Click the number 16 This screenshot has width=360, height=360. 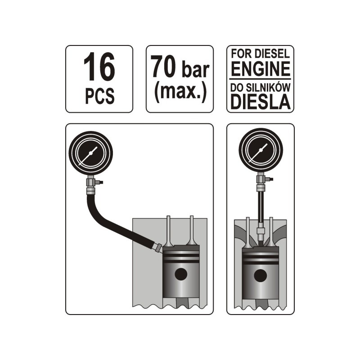pos(99,67)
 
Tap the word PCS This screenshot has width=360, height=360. pos(99,96)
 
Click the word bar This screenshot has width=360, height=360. pos(195,70)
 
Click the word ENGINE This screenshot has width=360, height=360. pos(261,69)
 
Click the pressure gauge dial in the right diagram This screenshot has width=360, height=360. pos(261,150)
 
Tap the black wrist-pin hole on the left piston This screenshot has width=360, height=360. pos(181,274)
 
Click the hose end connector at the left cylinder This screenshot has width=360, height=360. pos(157,248)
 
